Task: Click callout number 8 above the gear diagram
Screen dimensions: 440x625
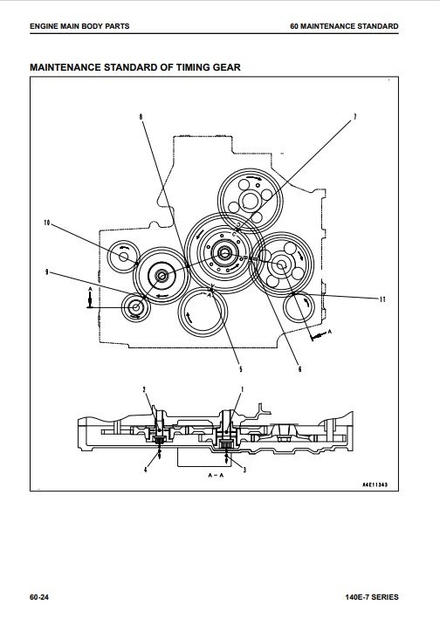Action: point(141,117)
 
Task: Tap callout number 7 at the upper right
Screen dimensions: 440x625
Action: point(355,117)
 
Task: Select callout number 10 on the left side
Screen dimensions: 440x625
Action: point(47,223)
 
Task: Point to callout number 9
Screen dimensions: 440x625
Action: point(47,272)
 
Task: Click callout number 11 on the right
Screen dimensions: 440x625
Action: point(382,299)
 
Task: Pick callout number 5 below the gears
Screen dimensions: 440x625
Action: point(241,369)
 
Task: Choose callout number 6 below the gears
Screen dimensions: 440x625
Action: point(300,369)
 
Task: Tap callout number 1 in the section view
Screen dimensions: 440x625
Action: point(242,389)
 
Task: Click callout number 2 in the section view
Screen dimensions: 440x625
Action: point(144,389)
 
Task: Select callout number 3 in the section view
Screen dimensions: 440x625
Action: point(244,470)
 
